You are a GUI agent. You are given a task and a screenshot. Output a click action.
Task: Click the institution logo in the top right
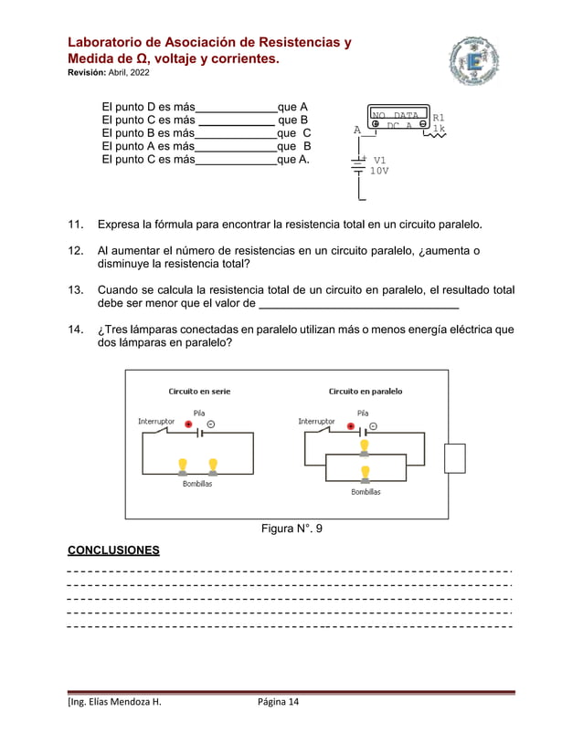click(x=474, y=64)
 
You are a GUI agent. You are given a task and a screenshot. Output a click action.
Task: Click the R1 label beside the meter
click(x=439, y=118)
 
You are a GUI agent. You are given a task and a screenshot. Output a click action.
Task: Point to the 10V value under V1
click(x=378, y=171)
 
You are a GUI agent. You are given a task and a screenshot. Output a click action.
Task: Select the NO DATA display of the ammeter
click(x=395, y=115)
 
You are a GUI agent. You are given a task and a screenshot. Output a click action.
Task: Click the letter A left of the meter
click(x=357, y=130)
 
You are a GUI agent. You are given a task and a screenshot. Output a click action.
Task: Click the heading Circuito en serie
click(x=199, y=391)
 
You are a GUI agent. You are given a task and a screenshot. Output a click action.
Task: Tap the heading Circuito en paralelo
click(x=366, y=391)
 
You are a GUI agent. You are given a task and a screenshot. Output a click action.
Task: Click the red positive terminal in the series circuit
click(x=188, y=424)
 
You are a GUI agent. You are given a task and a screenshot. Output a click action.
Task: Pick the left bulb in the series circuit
click(x=182, y=466)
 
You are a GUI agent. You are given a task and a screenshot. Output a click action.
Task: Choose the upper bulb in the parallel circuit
click(x=365, y=445)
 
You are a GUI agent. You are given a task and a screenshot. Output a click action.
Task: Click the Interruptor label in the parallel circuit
click(x=316, y=421)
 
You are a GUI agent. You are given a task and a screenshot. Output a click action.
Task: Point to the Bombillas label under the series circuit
click(x=196, y=484)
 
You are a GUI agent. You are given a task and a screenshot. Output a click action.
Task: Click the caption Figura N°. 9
click(x=291, y=529)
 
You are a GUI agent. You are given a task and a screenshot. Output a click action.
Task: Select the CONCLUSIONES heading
click(x=113, y=550)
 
